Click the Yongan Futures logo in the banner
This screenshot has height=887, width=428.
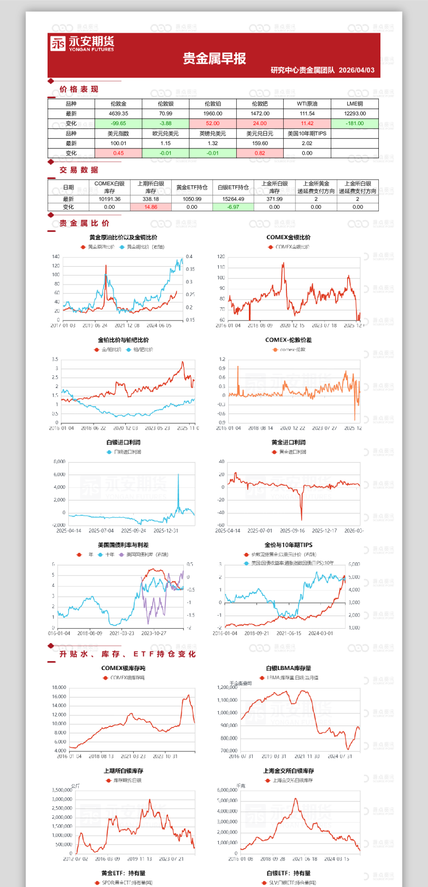pos(82,44)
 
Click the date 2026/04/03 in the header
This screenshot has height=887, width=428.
pos(357,70)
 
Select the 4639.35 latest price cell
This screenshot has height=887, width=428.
pos(118,114)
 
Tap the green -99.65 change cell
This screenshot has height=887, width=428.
pos(118,124)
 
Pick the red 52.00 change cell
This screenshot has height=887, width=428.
pos(212,124)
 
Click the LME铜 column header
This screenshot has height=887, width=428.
pos(355,104)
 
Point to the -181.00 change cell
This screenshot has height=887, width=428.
pos(355,124)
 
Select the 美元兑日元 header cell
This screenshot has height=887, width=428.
pos(260,134)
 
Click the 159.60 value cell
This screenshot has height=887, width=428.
pos(260,143)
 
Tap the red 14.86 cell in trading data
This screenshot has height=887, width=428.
pos(151,207)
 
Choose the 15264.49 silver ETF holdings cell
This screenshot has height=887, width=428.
pos(233,199)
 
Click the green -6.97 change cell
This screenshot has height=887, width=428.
pos(233,207)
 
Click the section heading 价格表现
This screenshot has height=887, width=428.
pos(79,89)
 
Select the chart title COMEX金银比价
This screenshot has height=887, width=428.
pos(289,238)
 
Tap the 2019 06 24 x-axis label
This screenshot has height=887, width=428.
pos(95,326)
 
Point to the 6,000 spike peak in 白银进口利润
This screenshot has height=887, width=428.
pos(178,475)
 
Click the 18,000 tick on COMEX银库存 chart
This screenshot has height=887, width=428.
pos(59,687)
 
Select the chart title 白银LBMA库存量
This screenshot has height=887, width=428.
pos(289,668)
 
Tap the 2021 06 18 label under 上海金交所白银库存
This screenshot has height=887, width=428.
pos(305,859)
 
